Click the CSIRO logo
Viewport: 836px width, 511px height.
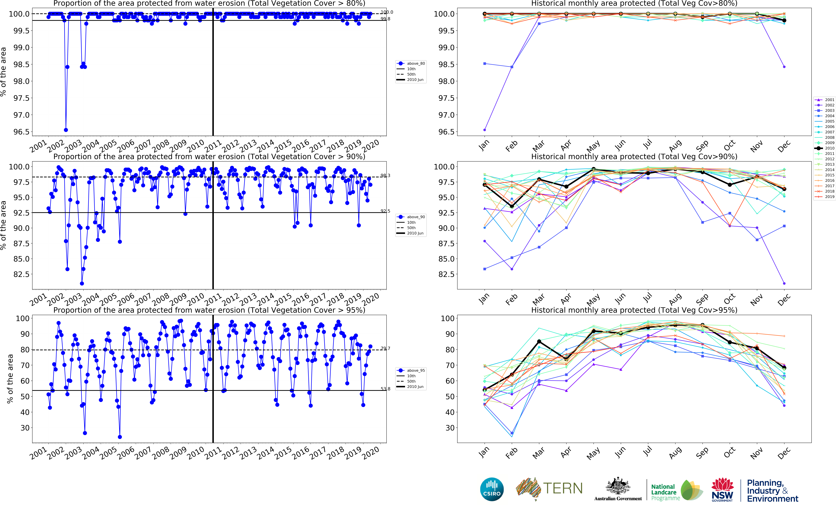(492, 489)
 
